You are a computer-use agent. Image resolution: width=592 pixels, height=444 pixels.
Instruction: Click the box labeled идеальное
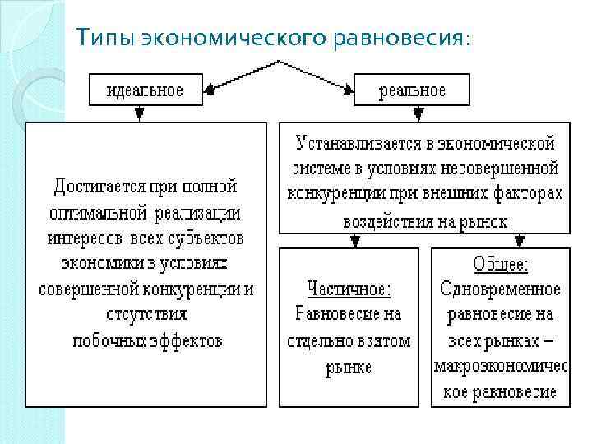[x=145, y=90]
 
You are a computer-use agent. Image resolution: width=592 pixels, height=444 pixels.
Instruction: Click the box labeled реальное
[x=412, y=90]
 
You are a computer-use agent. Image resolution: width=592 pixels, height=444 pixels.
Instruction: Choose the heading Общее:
[x=501, y=265]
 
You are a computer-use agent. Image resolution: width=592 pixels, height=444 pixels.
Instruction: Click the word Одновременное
[x=501, y=289]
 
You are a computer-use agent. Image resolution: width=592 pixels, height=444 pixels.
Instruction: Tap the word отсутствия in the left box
[x=147, y=314]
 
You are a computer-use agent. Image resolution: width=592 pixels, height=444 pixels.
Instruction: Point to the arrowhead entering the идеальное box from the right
[x=209, y=92]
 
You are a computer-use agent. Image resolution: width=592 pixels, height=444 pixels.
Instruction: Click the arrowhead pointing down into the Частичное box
[x=354, y=242]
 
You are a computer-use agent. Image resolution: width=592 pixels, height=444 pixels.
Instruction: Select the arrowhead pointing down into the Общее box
[x=519, y=242]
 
